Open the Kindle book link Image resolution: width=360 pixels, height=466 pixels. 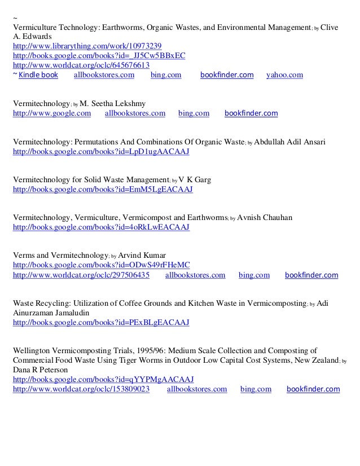point(38,74)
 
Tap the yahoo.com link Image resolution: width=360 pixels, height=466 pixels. point(284,74)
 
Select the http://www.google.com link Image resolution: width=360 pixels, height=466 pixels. point(52,113)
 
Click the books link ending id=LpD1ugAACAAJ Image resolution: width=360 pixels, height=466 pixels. point(101,152)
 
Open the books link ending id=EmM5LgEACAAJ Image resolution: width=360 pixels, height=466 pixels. point(102,190)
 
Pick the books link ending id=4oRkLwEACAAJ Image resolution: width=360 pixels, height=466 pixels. point(101,227)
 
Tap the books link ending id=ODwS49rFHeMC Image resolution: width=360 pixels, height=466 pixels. point(101,265)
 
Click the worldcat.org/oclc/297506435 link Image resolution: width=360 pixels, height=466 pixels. point(81,275)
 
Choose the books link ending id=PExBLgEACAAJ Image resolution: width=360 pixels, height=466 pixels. point(101,323)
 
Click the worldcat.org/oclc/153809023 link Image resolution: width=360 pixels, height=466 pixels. point(81,389)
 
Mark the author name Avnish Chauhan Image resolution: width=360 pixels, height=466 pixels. point(265,217)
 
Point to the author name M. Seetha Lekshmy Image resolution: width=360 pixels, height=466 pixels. point(113,103)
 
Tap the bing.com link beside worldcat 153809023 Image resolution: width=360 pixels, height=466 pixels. point(256,389)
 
